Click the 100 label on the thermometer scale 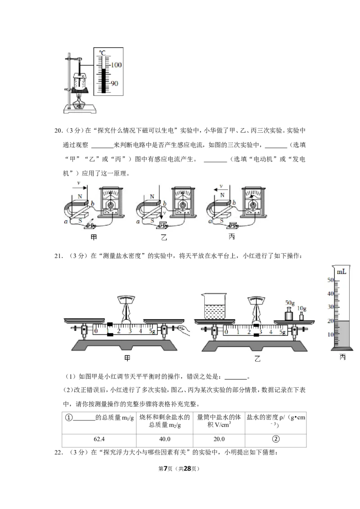pos(116,65)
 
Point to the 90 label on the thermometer pos(114,84)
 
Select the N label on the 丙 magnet pos(222,195)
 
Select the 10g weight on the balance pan pos(301,316)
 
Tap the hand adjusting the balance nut pos(184,330)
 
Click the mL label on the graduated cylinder pos(341,272)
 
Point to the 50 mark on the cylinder pos(330,280)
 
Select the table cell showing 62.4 pos(99,439)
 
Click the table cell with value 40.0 pos(165,439)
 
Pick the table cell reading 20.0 pos(219,439)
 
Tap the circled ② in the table pos(275,439)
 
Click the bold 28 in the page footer pos(187,469)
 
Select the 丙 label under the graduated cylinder pos(342,357)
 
